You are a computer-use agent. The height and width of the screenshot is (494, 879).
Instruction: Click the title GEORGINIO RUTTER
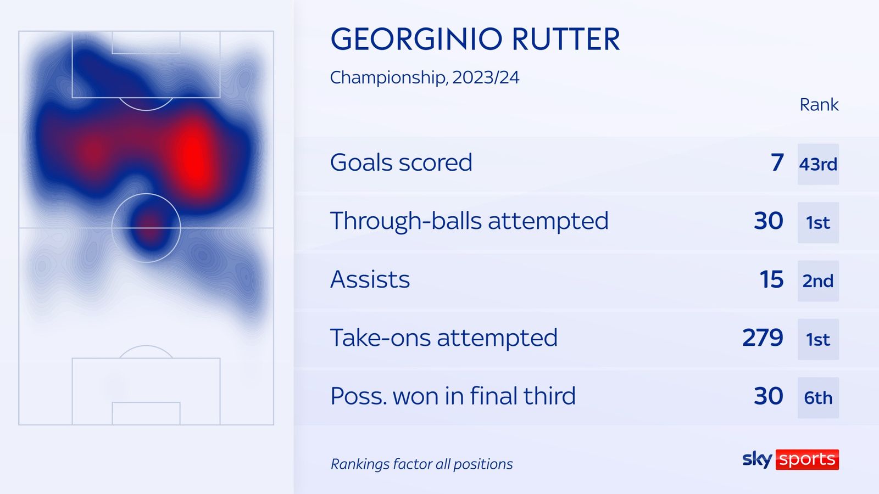(x=475, y=40)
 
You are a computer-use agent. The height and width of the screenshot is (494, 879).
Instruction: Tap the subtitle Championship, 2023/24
(x=424, y=77)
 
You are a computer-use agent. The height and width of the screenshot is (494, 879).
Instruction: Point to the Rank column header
(x=819, y=104)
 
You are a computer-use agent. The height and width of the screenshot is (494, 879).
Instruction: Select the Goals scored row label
(x=401, y=163)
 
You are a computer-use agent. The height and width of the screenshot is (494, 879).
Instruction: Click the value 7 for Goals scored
(x=777, y=163)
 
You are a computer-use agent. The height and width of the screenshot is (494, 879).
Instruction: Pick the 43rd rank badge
(x=818, y=164)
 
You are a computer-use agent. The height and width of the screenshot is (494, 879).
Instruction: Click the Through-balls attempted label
(x=469, y=221)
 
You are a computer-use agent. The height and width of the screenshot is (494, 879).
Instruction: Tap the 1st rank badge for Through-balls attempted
(x=818, y=222)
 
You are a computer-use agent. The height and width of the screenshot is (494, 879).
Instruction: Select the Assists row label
(x=370, y=280)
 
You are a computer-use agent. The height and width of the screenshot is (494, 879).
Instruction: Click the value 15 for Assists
(x=771, y=280)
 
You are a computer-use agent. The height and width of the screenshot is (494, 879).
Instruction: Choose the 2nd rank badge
(x=818, y=281)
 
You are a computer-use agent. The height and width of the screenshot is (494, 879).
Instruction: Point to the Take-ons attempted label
(x=443, y=338)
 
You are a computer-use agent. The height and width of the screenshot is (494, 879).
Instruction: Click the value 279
(x=763, y=338)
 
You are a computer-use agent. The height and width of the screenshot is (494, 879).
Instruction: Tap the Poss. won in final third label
(x=453, y=396)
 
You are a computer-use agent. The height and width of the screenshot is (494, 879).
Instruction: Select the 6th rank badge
(x=818, y=398)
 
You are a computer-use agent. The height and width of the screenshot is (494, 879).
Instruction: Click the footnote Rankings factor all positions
(x=421, y=464)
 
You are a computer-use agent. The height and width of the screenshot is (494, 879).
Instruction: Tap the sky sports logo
(x=790, y=459)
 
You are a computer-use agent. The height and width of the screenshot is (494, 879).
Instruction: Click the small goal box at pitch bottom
(x=146, y=413)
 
